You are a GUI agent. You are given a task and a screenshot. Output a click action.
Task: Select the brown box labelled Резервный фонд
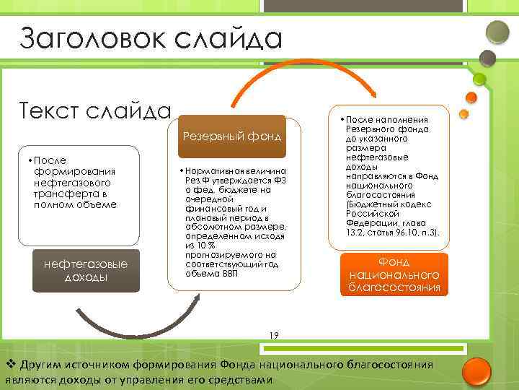[x=231, y=136]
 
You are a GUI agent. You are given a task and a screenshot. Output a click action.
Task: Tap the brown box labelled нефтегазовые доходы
[x=86, y=271]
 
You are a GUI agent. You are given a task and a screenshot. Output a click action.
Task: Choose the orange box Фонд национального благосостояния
[x=394, y=274]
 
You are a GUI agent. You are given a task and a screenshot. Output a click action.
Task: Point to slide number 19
[x=273, y=334]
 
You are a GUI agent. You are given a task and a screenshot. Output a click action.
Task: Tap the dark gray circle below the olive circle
[x=488, y=57]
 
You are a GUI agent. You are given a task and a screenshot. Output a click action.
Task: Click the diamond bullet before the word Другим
[x=10, y=363]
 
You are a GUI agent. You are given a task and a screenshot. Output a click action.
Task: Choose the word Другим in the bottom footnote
[x=42, y=363]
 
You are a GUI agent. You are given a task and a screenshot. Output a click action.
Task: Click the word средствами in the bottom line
[x=239, y=380]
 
